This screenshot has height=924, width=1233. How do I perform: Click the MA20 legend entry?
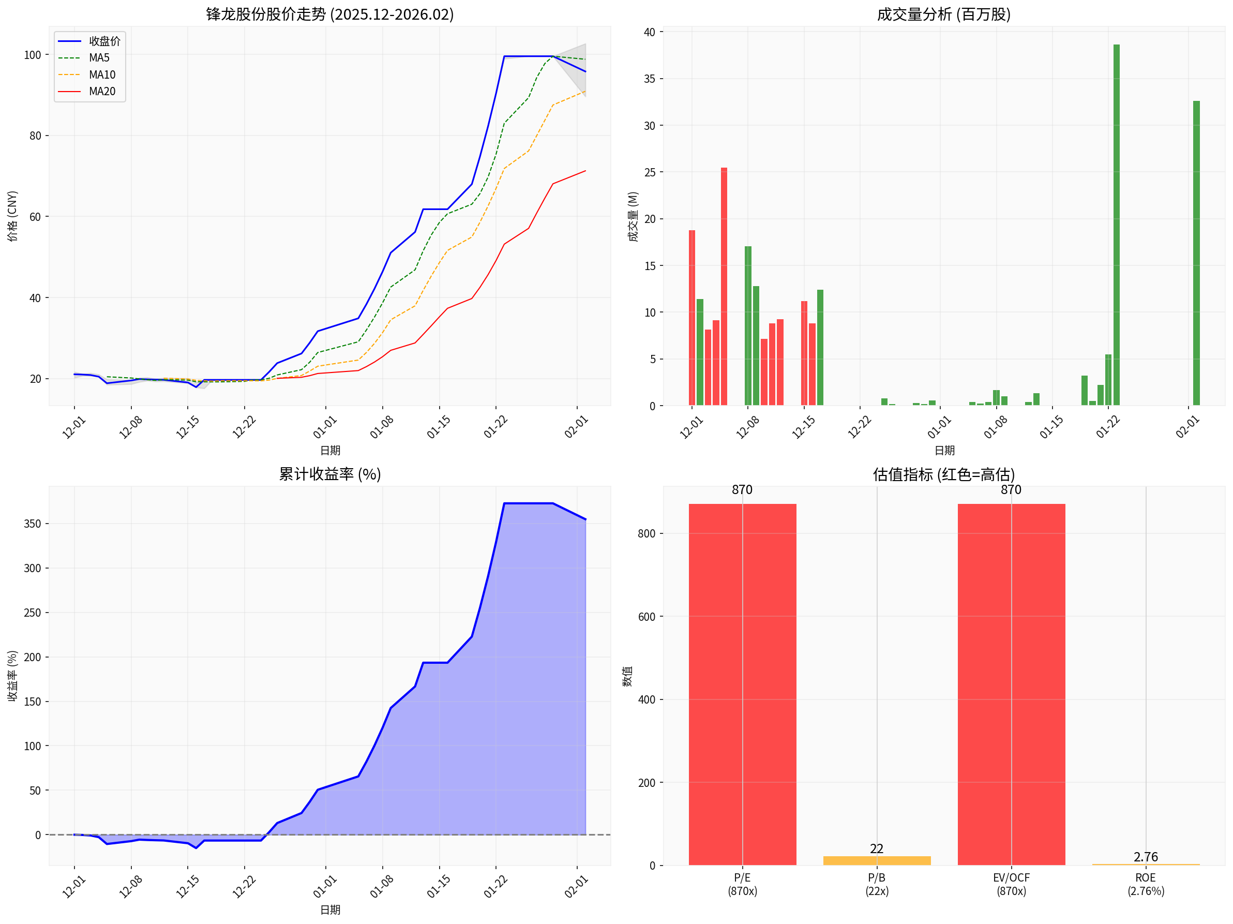pyautogui.click(x=102, y=92)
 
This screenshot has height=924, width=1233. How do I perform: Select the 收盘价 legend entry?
pyautogui.click(x=104, y=41)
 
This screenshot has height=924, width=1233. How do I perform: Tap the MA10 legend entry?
pyautogui.click(x=102, y=74)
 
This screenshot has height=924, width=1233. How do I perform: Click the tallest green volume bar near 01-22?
pyautogui.click(x=1116, y=223)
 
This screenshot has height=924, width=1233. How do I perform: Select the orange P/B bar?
pyautogui.click(x=876, y=860)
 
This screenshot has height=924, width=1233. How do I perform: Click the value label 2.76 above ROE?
pyautogui.click(x=1146, y=857)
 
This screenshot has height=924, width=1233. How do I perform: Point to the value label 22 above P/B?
pyautogui.click(x=876, y=848)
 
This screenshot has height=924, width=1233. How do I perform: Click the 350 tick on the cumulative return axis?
pyautogui.click(x=33, y=524)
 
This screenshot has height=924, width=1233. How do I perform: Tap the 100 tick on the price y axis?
pyautogui.click(x=33, y=55)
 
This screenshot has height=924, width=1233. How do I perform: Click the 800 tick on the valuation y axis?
pyautogui.click(x=646, y=534)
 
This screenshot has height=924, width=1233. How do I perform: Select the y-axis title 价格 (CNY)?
pyautogui.click(x=12, y=216)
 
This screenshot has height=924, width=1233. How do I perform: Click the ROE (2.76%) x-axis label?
pyautogui.click(x=1146, y=884)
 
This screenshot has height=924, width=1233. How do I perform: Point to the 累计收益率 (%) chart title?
pyautogui.click(x=329, y=474)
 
